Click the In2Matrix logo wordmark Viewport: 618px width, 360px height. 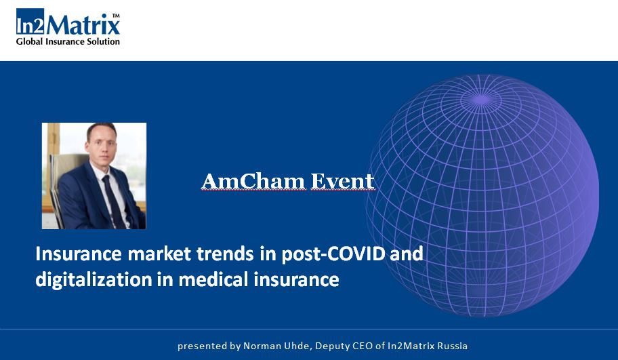click(x=68, y=22)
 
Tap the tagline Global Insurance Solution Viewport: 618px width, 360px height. click(x=68, y=41)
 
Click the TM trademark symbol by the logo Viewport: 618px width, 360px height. click(x=116, y=16)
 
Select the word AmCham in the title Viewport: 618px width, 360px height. click(x=253, y=182)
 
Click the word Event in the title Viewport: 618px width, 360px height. click(x=342, y=182)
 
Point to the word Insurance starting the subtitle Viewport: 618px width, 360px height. click(x=79, y=254)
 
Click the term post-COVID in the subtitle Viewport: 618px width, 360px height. click(x=333, y=254)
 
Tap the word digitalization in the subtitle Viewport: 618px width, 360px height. click(x=94, y=279)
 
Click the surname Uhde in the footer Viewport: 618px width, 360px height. click(x=299, y=346)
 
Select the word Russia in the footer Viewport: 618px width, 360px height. click(x=453, y=346)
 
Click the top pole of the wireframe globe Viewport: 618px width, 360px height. click(x=481, y=99)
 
